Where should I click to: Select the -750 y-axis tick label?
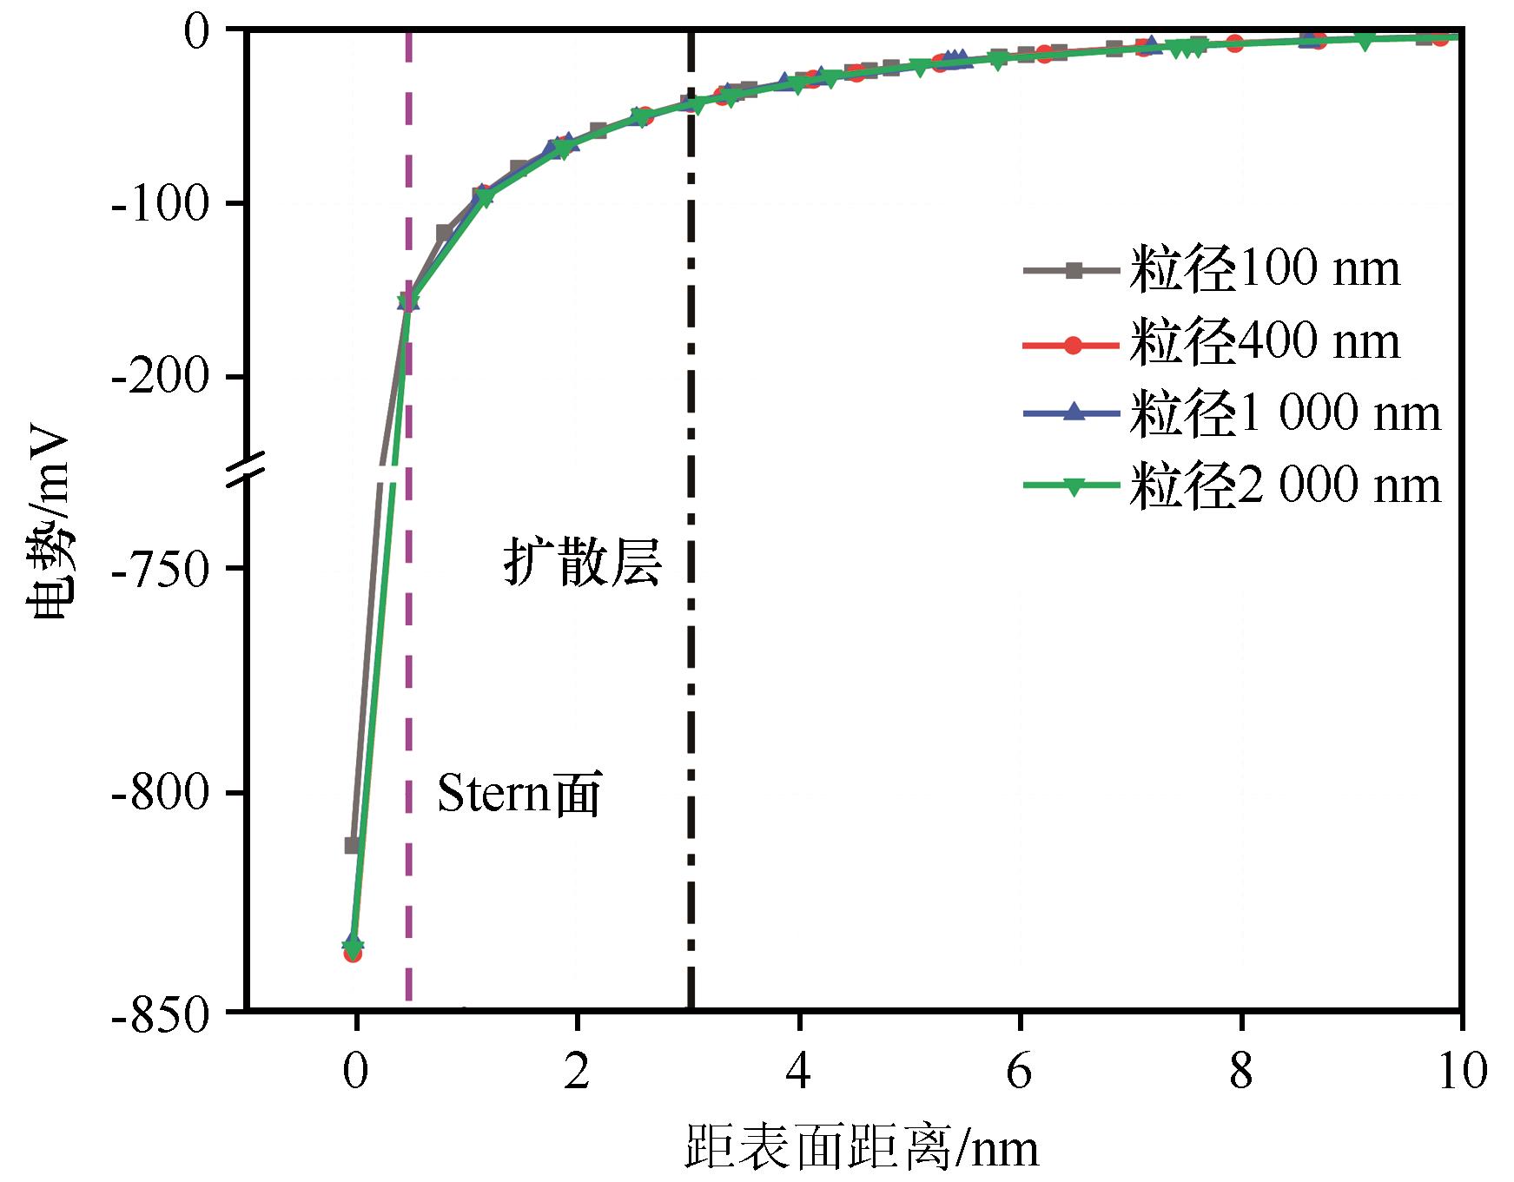(x=162, y=569)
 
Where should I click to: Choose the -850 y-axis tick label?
(x=162, y=1014)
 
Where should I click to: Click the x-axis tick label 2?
(x=577, y=1072)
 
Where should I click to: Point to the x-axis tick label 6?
(x=1019, y=1072)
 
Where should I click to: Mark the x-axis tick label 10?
(x=1462, y=1072)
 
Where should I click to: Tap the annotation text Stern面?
(x=519, y=793)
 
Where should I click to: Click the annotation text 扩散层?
(x=582, y=563)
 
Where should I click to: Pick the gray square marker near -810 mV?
(x=352, y=845)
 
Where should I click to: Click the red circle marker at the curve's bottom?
(x=353, y=954)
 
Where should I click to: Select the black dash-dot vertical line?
(x=691, y=695)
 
